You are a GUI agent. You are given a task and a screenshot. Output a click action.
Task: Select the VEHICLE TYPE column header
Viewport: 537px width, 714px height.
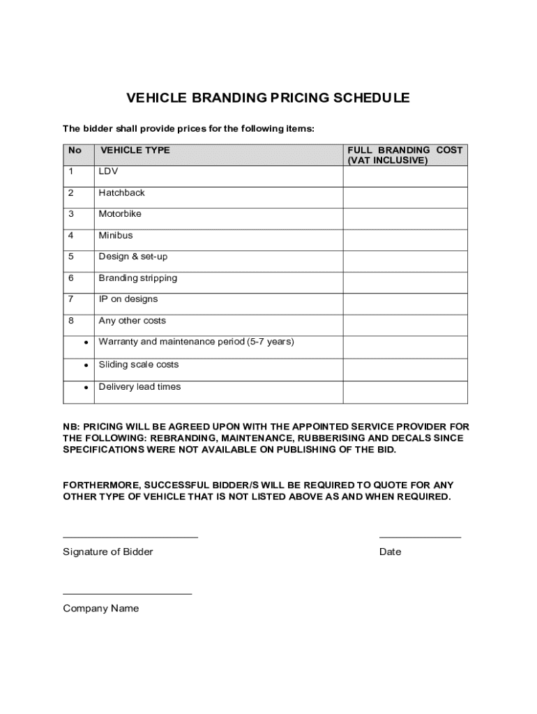coord(135,150)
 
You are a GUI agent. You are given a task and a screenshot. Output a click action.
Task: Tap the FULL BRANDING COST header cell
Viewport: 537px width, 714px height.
coord(404,155)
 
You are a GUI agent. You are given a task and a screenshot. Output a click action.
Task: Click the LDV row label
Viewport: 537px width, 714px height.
coord(108,171)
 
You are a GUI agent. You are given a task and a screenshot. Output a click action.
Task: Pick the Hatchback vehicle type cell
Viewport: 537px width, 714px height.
coord(121,192)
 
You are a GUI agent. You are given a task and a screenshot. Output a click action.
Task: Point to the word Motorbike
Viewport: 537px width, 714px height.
coord(119,214)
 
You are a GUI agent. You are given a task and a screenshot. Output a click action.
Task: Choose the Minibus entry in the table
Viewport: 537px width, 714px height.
coord(115,235)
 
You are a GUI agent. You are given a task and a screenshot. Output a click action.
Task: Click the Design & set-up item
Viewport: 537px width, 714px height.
coord(133,257)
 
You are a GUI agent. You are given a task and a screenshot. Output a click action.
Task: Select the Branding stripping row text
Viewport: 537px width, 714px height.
coord(137,278)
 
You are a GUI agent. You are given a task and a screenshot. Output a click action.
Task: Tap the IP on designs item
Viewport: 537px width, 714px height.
coord(128,299)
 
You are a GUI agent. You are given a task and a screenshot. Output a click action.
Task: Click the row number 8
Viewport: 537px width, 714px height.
coord(70,321)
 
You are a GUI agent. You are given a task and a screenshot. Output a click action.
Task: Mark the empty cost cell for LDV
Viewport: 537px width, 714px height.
coord(404,176)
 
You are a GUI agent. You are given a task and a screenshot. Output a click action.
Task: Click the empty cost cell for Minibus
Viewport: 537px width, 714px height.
coord(404,240)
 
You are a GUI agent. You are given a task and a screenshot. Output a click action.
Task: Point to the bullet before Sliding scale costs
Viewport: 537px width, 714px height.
coord(85,365)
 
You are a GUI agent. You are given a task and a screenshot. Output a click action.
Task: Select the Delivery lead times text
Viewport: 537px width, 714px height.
coord(139,387)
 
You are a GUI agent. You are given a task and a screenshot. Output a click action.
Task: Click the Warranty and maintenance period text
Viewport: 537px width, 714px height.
coord(196,342)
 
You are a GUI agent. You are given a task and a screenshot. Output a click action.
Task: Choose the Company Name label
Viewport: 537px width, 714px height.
coord(100,608)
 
